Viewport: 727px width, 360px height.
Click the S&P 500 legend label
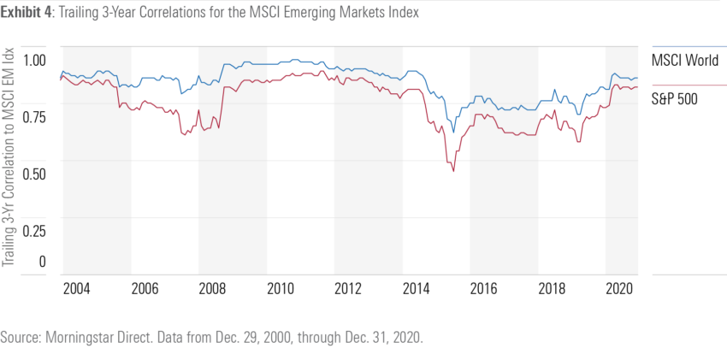coord(675,98)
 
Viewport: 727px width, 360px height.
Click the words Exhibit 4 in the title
coord(29,14)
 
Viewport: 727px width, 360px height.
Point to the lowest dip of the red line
coord(453,172)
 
